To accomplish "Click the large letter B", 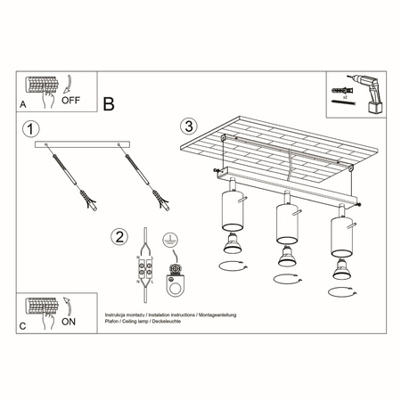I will click(109, 103).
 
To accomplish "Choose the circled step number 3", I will click(188, 126).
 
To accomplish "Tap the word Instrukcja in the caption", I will click(118, 315).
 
